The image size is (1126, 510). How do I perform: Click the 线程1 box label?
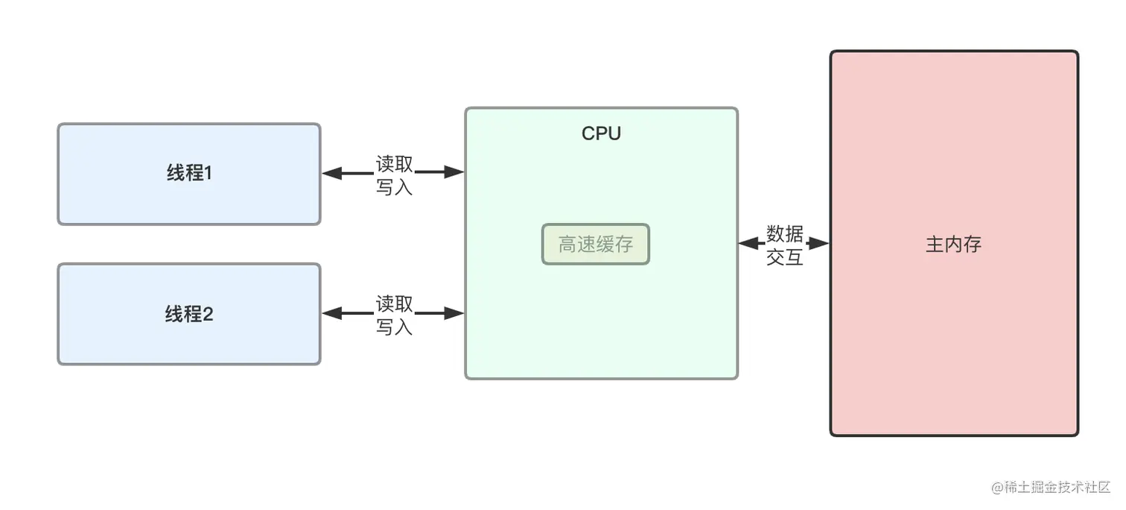point(189,173)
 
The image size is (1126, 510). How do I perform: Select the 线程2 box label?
point(189,314)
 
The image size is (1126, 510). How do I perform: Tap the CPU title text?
point(601,133)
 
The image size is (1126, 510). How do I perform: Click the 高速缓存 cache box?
point(596,244)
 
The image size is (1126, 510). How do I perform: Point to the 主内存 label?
point(954,244)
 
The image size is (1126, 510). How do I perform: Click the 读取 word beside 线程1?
point(394,163)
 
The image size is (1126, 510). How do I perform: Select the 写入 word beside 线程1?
point(394,186)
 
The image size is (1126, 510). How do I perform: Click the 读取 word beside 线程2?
point(394,303)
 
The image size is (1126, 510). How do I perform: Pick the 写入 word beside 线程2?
point(394,327)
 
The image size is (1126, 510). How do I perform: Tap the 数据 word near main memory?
point(785,234)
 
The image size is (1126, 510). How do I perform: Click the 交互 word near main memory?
point(785,257)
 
